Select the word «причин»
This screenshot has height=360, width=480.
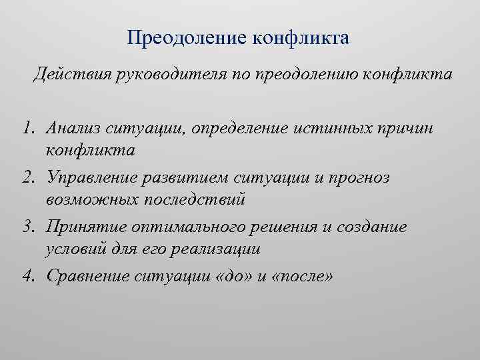pyautogui.click(x=408, y=129)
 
